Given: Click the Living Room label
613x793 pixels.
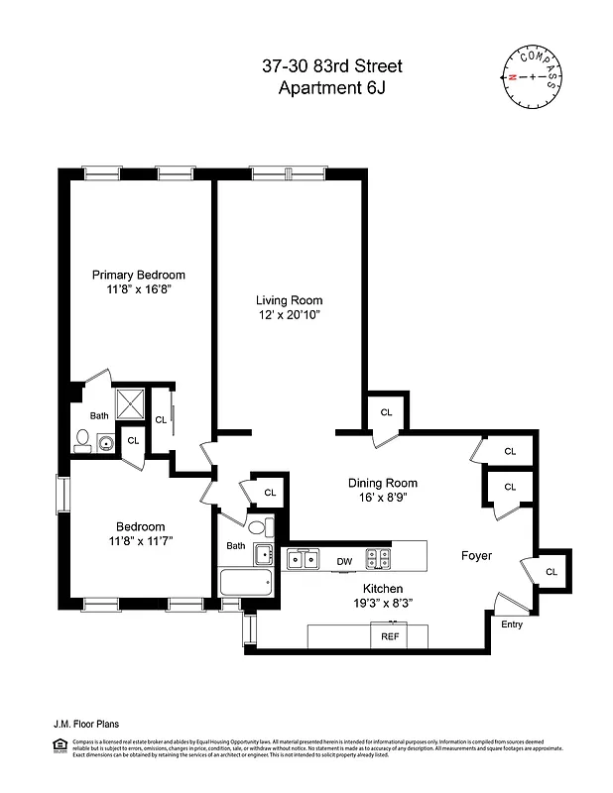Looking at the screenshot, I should [289, 299].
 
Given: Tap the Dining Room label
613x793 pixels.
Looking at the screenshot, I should [381, 483].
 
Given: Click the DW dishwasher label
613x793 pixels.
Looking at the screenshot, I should [344, 562].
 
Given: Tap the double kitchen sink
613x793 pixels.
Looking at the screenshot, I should [302, 560].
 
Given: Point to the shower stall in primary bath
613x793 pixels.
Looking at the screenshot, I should [131, 404].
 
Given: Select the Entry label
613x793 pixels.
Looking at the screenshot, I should [511, 624].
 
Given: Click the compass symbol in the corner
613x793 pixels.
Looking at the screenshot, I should [531, 76].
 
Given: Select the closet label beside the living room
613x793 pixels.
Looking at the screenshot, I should [386, 411].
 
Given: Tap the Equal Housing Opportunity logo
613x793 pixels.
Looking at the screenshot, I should [58, 743].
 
